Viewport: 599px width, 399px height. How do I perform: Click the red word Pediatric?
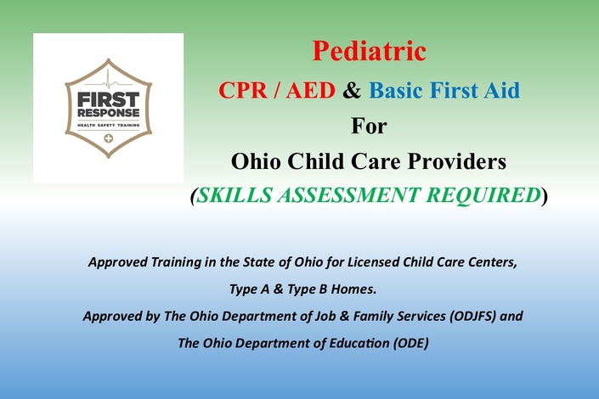[369, 51]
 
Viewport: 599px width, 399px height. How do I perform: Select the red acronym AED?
[310, 91]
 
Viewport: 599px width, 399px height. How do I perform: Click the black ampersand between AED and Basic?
[352, 91]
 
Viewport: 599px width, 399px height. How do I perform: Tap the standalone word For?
[369, 126]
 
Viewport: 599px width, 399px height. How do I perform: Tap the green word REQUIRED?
[483, 194]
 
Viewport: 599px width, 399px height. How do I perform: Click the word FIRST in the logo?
[109, 99]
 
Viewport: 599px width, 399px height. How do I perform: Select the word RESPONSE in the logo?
[109, 113]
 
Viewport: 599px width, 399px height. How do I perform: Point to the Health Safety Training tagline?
[109, 126]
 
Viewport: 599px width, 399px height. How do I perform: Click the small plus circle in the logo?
[109, 138]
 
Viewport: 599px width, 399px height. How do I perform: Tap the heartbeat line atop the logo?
[109, 81]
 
